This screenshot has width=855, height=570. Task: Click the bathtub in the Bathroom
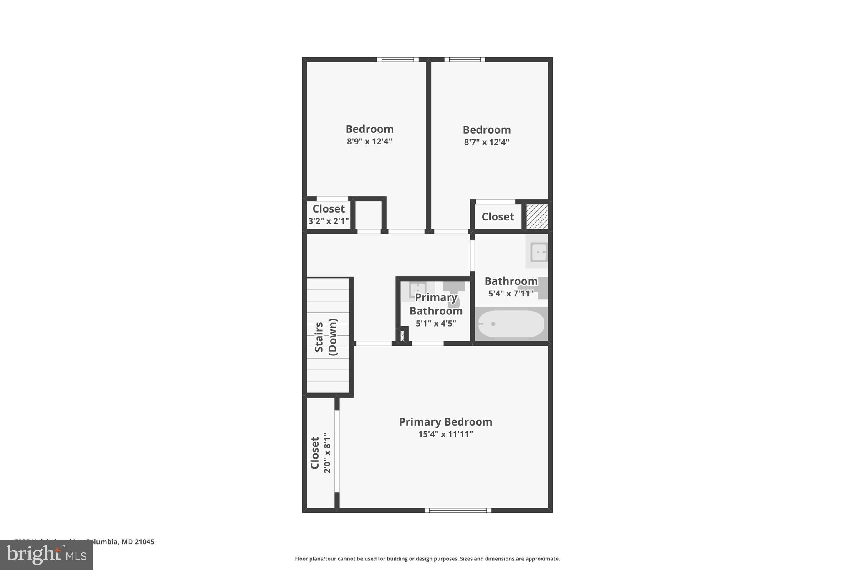[511, 324]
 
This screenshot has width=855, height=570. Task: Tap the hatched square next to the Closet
[537, 216]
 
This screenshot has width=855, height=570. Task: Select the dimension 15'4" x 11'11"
[445, 434]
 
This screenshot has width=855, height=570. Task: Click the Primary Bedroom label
[445, 422]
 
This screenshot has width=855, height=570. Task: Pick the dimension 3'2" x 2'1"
[329, 221]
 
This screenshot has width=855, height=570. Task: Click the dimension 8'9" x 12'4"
[369, 142]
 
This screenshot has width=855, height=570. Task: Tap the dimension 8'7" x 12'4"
[487, 142]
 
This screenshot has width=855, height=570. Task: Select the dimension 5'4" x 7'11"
[511, 294]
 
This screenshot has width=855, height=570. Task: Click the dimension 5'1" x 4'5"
[436, 323]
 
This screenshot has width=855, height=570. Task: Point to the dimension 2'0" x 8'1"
[327, 453]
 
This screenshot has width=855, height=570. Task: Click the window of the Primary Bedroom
[458, 510]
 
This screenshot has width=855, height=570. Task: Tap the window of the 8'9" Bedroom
[397, 60]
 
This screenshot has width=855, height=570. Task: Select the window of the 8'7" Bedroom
[465, 60]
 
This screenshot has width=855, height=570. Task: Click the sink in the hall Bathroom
[539, 252]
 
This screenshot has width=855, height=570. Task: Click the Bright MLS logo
[46, 555]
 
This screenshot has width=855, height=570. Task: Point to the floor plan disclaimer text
[427, 559]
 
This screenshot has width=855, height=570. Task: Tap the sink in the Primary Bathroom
[417, 289]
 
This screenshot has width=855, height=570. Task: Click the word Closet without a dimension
[498, 217]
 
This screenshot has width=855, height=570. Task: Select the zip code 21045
[144, 542]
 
